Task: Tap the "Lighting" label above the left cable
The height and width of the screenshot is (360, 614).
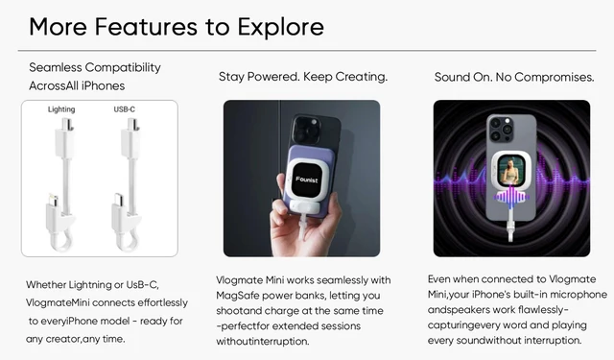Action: (60, 110)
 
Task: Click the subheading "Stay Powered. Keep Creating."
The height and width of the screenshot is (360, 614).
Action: (302, 77)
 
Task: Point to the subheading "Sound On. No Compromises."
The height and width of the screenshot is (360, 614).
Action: (512, 77)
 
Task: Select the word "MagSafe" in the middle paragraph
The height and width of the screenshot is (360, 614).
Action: (242, 296)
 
